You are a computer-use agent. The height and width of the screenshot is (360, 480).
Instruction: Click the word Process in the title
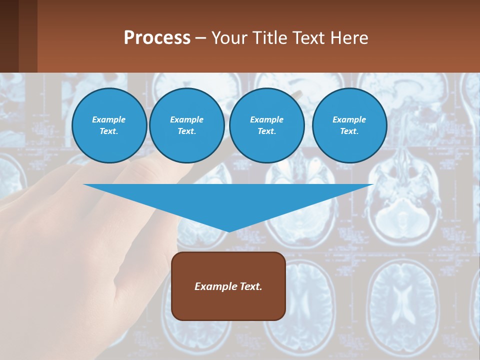157,38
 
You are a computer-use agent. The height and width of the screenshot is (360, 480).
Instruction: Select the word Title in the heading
269,38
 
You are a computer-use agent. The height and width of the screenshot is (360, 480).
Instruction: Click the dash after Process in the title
201,38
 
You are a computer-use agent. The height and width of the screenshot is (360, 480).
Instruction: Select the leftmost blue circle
109,125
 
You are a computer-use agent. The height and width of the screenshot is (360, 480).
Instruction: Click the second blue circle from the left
187,125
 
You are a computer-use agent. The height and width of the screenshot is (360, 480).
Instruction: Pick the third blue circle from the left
267,125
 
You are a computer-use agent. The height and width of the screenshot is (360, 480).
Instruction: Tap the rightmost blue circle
349,125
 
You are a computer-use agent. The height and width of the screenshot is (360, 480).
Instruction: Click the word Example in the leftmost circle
109,119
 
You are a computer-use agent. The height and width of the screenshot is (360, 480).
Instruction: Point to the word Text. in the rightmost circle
349,131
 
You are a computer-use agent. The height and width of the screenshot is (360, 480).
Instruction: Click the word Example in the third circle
267,119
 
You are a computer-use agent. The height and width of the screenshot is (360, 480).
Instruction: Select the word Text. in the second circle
187,131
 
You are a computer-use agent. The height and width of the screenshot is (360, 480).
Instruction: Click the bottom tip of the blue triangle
228,230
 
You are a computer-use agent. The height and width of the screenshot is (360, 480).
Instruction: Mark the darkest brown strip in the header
9,36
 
